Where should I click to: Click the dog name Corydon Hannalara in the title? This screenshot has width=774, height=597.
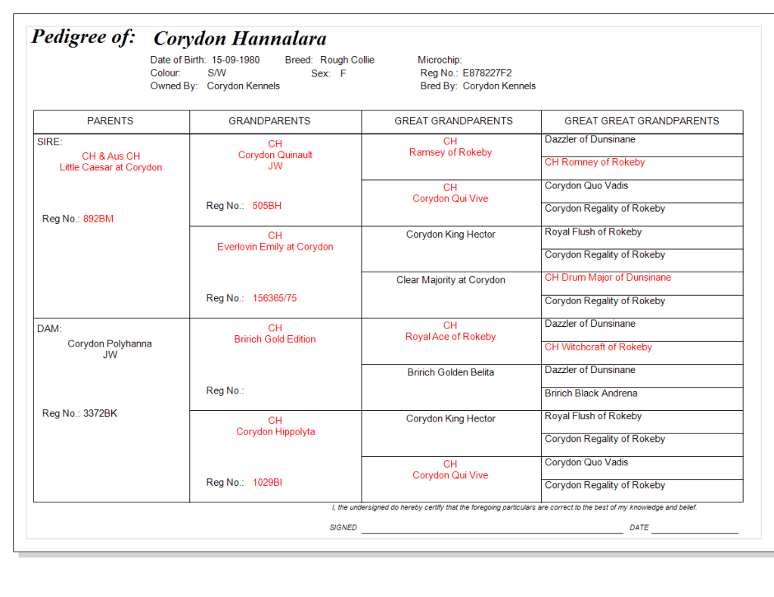[240, 39]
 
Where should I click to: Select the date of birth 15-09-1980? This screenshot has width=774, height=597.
[235, 60]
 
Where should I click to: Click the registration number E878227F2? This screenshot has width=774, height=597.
[487, 73]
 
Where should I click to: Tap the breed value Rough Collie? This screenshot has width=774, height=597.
[347, 60]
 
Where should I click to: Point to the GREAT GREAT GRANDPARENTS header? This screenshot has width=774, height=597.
[642, 121]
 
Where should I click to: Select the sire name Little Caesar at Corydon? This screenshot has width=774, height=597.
[110, 167]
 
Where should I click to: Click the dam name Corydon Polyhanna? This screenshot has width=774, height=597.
[110, 344]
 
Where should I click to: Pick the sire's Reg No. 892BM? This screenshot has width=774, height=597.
[98, 219]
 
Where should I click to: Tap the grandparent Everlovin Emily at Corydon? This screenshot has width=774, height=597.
[275, 247]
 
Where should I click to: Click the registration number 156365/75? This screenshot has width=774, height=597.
[275, 298]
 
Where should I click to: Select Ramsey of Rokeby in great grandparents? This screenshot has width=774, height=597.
[450, 152]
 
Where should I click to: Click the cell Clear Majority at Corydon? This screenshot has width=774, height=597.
[450, 280]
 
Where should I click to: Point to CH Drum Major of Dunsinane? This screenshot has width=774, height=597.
[608, 278]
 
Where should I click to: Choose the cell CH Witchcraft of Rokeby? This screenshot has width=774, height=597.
[598, 347]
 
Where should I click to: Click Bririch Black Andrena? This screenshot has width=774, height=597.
[591, 393]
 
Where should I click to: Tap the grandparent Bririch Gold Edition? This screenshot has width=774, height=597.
[275, 339]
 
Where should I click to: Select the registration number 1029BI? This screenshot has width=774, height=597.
[267, 483]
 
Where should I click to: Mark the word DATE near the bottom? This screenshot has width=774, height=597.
[639, 527]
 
